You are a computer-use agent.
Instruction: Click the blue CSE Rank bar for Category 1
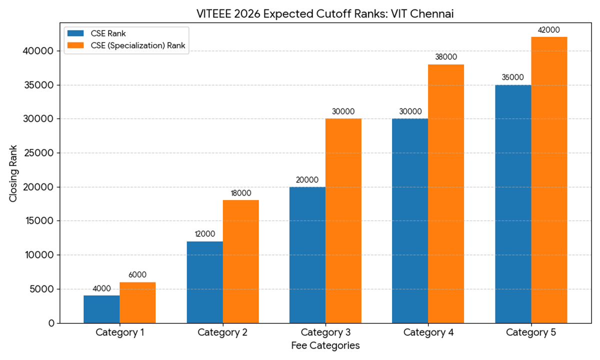101,309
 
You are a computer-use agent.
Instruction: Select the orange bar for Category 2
240,261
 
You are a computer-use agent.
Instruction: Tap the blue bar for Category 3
307,255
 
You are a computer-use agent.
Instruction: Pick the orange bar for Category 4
446,194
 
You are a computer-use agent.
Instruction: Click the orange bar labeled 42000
549,180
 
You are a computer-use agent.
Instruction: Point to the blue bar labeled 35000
513,204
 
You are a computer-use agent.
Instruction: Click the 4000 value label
101,288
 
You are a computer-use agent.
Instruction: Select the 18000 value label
240,193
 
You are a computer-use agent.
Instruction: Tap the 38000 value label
446,57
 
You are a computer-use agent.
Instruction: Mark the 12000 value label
204,234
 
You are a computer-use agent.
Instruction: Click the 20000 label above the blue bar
307,180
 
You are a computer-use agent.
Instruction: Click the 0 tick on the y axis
51,323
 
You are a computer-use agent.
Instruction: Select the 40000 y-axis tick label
38,51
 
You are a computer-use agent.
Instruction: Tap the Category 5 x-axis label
531,332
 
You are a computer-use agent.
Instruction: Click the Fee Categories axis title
325,345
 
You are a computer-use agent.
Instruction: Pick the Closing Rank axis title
13,173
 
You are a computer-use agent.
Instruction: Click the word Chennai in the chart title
433,14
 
